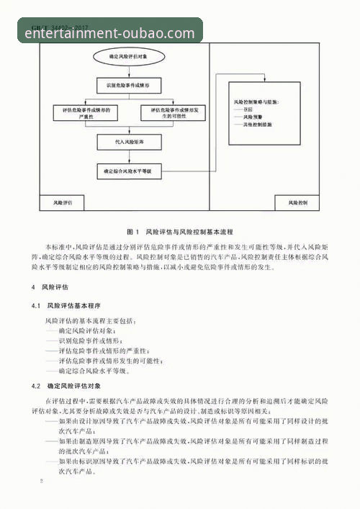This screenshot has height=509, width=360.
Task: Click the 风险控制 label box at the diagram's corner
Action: [296, 204]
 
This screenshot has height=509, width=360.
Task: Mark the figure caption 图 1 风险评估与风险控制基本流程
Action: [180, 233]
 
